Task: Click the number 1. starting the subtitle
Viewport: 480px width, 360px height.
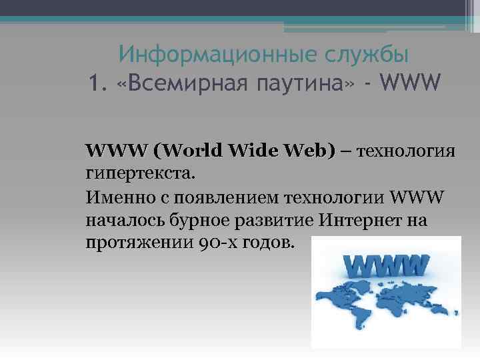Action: tap(98, 85)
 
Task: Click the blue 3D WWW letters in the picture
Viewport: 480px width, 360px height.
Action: tap(386, 266)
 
